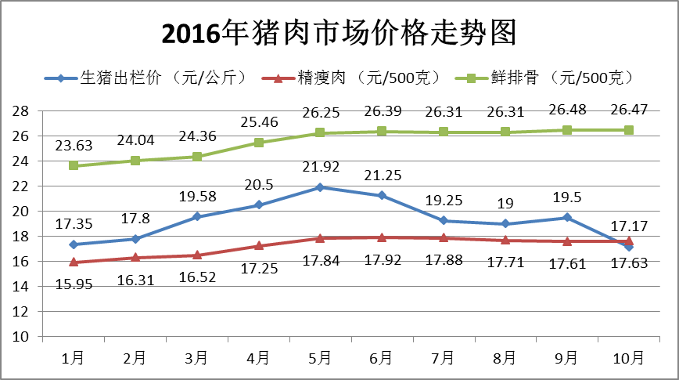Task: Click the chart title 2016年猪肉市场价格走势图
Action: [339, 34]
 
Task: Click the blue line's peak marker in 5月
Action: [319, 187]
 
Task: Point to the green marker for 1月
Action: [74, 166]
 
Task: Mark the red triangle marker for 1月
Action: [74, 262]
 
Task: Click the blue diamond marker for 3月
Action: [196, 216]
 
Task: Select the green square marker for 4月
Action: [258, 143]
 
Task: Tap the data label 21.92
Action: [319, 167]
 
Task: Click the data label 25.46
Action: [258, 123]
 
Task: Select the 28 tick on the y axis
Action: [21, 111]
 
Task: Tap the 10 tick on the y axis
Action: [21, 337]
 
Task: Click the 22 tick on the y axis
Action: [21, 186]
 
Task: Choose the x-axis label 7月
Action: [442, 358]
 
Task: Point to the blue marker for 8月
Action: [504, 223]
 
